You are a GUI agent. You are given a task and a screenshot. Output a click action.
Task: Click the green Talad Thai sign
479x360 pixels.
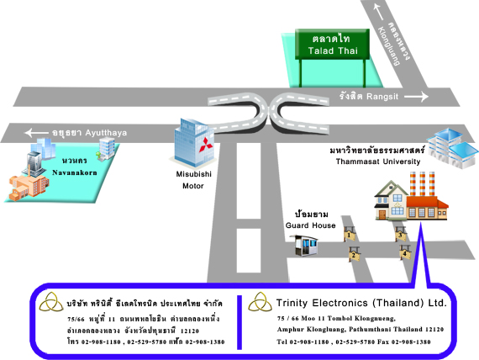332,44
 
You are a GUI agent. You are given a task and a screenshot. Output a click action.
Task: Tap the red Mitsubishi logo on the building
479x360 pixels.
206,145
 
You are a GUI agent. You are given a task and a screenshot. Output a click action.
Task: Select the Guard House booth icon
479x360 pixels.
303,246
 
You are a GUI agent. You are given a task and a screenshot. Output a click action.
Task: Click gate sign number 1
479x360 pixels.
350,235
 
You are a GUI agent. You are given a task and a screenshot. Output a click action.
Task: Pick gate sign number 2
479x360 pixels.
354,254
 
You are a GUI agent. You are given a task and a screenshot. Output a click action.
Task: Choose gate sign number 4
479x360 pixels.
405,252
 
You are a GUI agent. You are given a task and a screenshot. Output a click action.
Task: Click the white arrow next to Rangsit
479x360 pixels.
416,97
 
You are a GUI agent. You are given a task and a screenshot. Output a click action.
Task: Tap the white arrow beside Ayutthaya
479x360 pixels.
36,133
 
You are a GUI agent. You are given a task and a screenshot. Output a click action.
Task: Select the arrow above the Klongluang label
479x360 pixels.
378,12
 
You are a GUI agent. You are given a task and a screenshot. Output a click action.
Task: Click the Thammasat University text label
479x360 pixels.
378,161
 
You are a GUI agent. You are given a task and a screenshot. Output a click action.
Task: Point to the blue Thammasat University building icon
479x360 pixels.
452,148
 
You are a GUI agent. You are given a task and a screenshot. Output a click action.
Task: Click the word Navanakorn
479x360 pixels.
75,172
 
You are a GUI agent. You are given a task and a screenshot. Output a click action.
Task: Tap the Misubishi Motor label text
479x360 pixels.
193,180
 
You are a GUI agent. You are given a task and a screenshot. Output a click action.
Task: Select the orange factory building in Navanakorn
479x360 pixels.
29,186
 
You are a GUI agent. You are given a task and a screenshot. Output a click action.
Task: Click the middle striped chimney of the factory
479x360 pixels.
422,183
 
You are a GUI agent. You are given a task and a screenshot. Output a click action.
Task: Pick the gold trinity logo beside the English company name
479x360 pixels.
260,302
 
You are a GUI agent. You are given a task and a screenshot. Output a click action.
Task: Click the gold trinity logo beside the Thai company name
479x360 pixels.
51,302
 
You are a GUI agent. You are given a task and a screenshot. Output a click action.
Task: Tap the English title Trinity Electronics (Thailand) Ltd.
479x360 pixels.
361,303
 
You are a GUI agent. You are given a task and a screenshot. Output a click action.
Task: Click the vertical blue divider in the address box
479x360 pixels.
239,322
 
